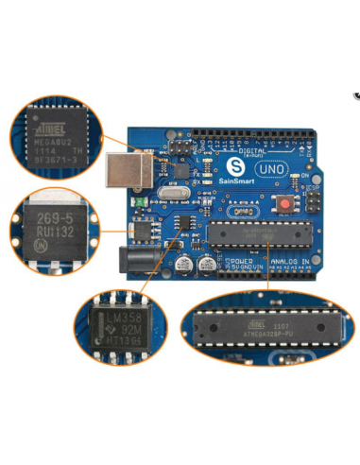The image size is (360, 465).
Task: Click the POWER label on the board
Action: pos(239,260)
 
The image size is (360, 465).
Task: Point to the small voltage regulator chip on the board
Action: pos(143,229)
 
